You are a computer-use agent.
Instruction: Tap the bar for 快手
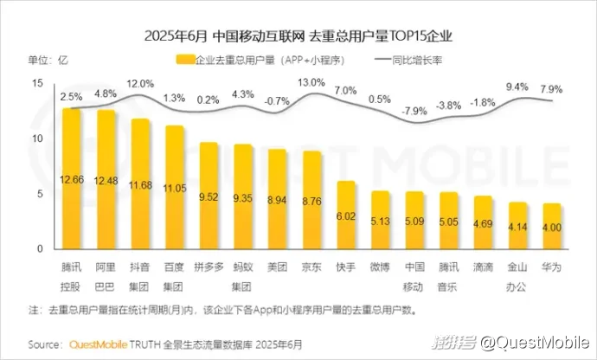pos(346,215)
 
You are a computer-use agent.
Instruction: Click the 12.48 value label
pos(106,180)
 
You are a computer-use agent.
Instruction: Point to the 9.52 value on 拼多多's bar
pos(209,196)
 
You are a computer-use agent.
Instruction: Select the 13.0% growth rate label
pos(311,83)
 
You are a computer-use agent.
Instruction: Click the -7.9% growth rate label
pos(414,111)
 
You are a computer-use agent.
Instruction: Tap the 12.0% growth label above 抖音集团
pos(140,83)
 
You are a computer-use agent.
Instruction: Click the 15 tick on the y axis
pos(37,83)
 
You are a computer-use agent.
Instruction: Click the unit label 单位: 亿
pos(48,60)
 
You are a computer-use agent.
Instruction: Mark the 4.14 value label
pos(517,226)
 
